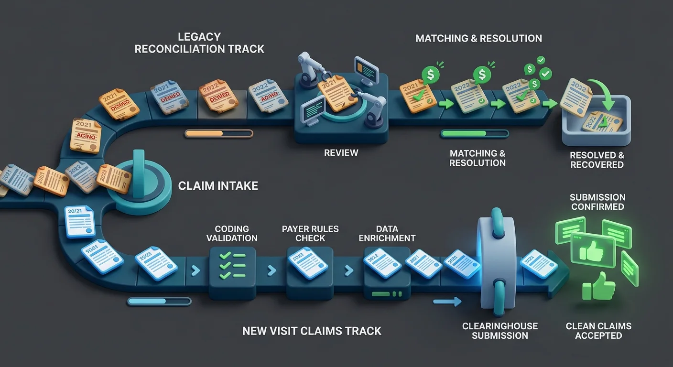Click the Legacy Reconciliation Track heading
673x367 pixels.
click(x=199, y=43)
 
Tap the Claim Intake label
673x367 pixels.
click(x=218, y=186)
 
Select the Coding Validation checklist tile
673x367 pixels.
click(x=232, y=267)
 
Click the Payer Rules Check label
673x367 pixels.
click(x=310, y=234)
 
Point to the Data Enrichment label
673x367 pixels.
click(x=387, y=234)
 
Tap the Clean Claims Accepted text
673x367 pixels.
click(x=598, y=331)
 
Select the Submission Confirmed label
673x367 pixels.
click(x=597, y=202)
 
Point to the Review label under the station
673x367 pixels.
click(x=341, y=153)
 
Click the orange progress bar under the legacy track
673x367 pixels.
click(x=218, y=134)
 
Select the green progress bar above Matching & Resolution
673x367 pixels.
click(x=475, y=134)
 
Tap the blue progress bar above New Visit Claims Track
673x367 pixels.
click(x=159, y=301)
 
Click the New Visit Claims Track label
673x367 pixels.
click(x=312, y=331)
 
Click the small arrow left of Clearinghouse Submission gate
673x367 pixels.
click(x=447, y=302)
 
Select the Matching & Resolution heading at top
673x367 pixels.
click(x=478, y=38)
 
